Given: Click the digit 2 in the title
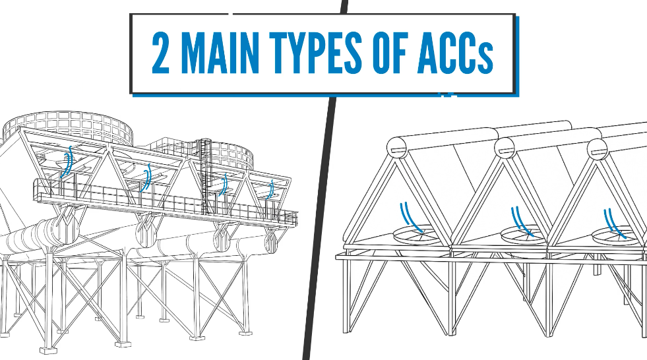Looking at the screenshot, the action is point(161,53).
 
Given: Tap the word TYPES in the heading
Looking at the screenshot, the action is point(316,53).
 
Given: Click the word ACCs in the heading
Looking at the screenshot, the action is point(455,53).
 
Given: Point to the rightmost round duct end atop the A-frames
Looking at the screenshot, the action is point(597,148).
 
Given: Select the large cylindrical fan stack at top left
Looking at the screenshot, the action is point(68,125).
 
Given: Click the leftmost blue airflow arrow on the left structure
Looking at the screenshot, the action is point(67,162).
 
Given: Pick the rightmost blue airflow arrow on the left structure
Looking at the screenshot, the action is point(270,189).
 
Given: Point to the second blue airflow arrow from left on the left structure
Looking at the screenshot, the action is point(146,178).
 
